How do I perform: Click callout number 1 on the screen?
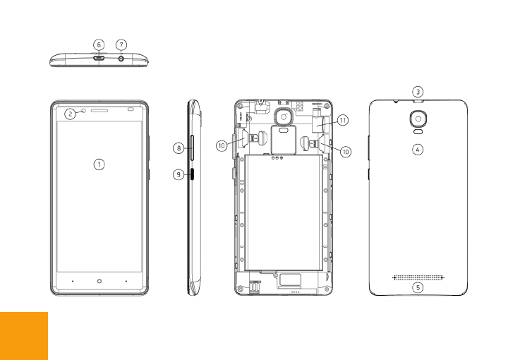(99, 164)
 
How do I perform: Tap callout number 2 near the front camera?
(70, 113)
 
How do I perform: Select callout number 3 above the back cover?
(418, 92)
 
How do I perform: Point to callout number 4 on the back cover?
(418, 150)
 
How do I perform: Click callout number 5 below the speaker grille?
(418, 287)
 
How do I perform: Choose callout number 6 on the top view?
(99, 44)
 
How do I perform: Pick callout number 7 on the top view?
(121, 44)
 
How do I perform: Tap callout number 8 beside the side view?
(179, 148)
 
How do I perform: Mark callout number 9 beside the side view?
(179, 173)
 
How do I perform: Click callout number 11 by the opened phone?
(342, 121)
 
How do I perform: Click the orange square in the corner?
(23, 336)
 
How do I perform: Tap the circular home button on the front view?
(99, 280)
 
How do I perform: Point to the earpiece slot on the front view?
(99, 111)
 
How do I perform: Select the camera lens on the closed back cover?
(418, 119)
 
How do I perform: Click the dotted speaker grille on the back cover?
(418, 277)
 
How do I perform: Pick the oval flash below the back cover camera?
(418, 132)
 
